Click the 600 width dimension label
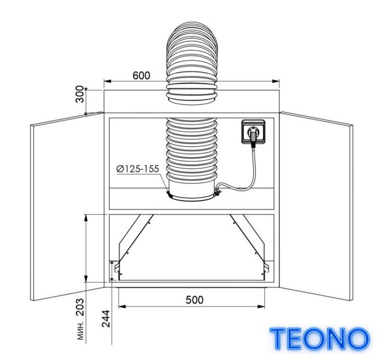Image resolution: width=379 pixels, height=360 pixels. (x=141, y=76)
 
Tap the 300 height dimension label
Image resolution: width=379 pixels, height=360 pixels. (x=80, y=94)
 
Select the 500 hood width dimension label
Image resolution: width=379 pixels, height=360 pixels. (x=195, y=300)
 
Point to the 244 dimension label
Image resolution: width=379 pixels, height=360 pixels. (x=106, y=319)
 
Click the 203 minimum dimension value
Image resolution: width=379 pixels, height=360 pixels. (x=80, y=307)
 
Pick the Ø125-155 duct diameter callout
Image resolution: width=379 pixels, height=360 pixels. (x=138, y=169)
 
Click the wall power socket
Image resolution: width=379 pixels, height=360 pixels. (x=253, y=132)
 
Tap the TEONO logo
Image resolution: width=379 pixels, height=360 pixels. (x=320, y=339)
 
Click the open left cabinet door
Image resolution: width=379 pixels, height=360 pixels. (x=67, y=206)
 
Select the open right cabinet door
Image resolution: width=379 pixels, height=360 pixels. (x=316, y=206)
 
